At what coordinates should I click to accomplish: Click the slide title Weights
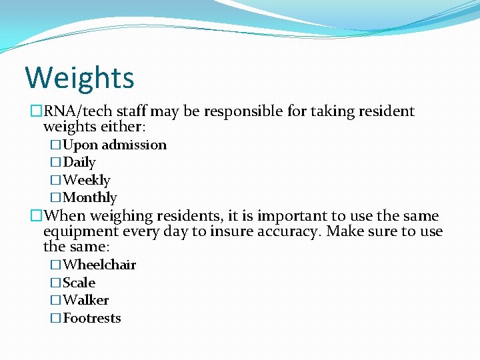pos(79,77)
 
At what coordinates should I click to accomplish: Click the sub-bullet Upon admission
pos(115,145)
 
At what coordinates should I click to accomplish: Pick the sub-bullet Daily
pos(79,162)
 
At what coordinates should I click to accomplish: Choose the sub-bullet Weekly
pos(87,180)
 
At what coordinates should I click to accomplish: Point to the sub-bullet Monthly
pos(90,197)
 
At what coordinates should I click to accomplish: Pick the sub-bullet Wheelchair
pos(99,265)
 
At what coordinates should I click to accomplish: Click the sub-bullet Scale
pos(79,283)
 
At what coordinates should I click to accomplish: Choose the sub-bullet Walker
pos(86,300)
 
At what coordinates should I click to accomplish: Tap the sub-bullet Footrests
pos(92,318)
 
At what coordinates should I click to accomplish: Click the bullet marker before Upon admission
pos(56,145)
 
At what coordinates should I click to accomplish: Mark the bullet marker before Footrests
pos(56,318)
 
